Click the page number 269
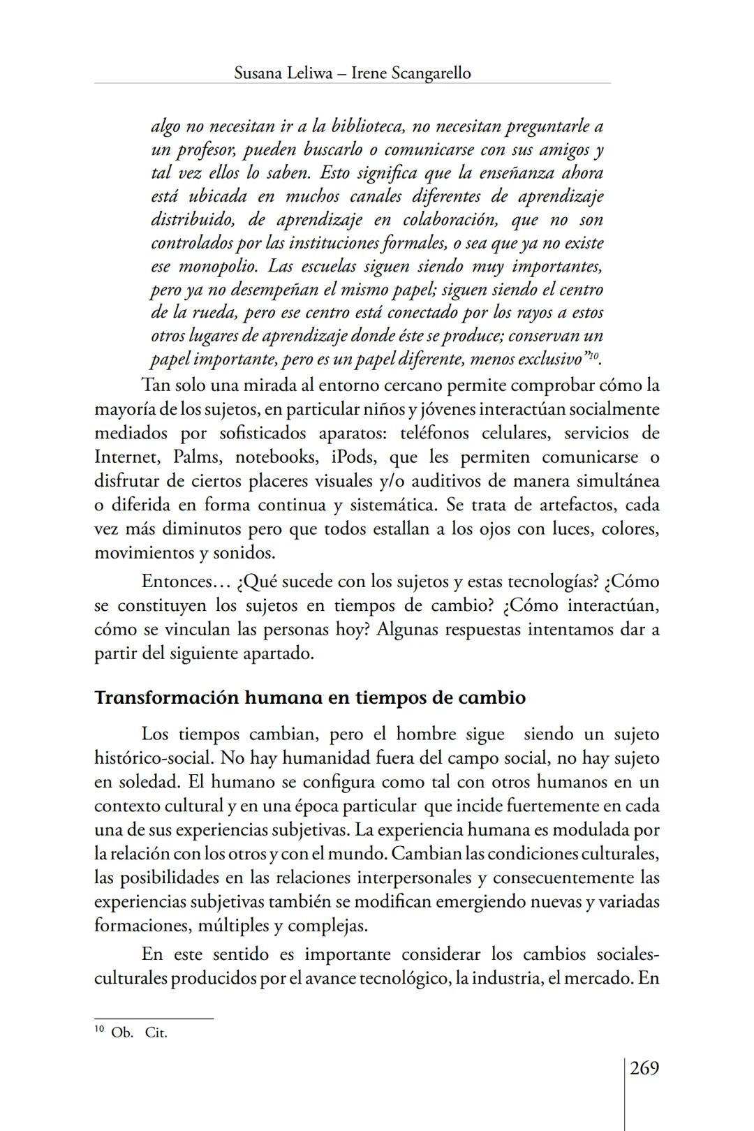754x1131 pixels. pyautogui.click(x=644, y=1068)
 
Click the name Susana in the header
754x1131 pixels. pyautogui.click(x=258, y=73)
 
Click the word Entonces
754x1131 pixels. pyautogui.click(x=176, y=582)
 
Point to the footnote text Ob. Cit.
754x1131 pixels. pyautogui.click(x=139, y=1033)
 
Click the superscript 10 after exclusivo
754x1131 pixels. pyautogui.click(x=594, y=356)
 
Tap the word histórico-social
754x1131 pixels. pyautogui.click(x=148, y=758)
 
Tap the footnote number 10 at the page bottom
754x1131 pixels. pyautogui.click(x=99, y=1030)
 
